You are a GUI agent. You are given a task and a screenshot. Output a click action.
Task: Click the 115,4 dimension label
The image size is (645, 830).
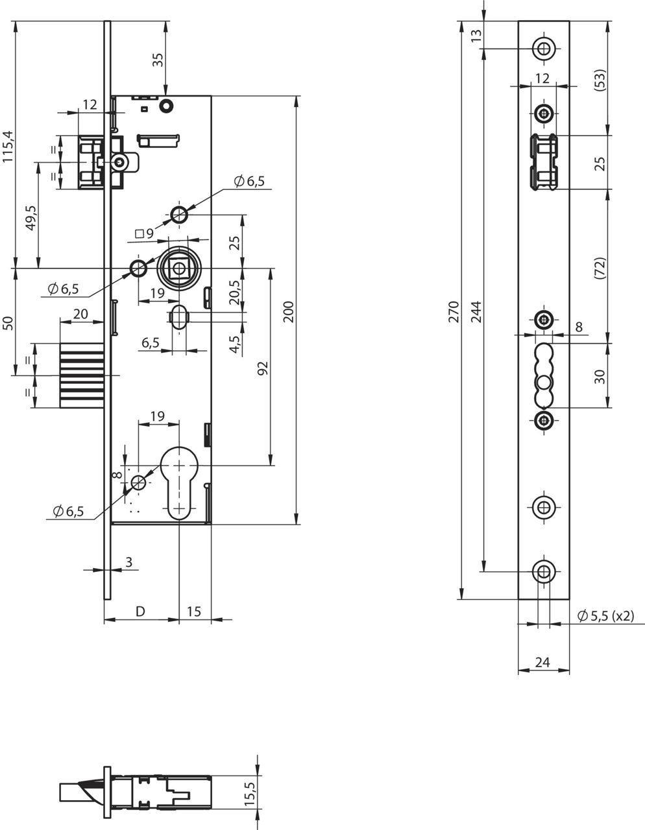pyautogui.click(x=8, y=147)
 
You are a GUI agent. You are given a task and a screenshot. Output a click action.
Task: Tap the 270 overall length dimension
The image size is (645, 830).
pyautogui.click(x=454, y=312)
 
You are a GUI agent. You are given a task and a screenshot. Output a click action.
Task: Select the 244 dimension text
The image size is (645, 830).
pyautogui.click(x=476, y=312)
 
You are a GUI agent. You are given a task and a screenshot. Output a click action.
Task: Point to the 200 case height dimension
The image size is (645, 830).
pyautogui.click(x=289, y=312)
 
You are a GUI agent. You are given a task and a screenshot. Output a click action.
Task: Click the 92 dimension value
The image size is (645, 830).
pyautogui.click(x=263, y=368)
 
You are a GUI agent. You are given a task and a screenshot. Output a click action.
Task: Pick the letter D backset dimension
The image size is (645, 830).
pyautogui.click(x=141, y=611)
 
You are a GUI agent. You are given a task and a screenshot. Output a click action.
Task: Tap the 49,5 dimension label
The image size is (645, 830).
pyautogui.click(x=30, y=218)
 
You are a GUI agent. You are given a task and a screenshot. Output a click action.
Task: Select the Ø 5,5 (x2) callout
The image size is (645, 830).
pyautogui.click(x=605, y=616)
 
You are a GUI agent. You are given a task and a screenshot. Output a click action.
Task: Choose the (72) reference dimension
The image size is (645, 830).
pyautogui.click(x=600, y=268)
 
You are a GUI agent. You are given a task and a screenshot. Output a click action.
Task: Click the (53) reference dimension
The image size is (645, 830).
pyautogui.click(x=600, y=80)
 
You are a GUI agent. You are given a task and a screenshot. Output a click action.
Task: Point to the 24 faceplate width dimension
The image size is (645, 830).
pyautogui.click(x=542, y=661)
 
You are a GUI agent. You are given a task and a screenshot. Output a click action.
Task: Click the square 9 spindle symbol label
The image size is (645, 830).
pyautogui.click(x=145, y=233)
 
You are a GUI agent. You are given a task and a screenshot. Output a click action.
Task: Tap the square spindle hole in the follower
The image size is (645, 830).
pyautogui.click(x=178, y=269)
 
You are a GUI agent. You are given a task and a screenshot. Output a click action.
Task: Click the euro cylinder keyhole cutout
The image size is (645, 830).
pyautogui.click(x=178, y=483)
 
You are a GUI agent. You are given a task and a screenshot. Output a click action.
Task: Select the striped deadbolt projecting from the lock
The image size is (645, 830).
pyautogui.click(x=82, y=375)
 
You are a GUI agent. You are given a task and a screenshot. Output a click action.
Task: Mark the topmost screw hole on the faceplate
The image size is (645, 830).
pyautogui.click(x=543, y=49)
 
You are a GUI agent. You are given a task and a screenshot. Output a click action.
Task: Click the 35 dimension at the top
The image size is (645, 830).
pyautogui.click(x=158, y=60)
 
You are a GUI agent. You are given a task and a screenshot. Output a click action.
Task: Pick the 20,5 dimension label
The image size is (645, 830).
pyautogui.click(x=234, y=292)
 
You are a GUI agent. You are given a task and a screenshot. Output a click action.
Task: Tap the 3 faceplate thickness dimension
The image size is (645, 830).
pyautogui.click(x=128, y=562)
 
